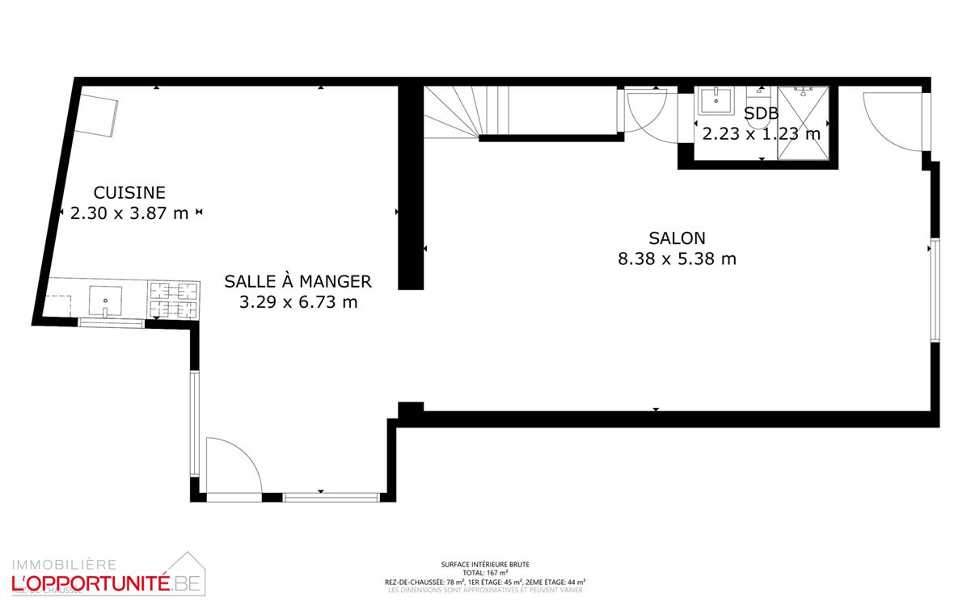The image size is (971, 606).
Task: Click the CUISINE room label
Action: pyautogui.click(x=129, y=192)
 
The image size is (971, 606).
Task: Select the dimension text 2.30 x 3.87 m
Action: pyautogui.click(x=129, y=213)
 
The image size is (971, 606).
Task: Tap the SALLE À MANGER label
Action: pyautogui.click(x=298, y=281)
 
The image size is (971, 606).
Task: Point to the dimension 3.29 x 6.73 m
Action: pyautogui.click(x=298, y=302)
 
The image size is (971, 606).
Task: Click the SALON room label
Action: pyautogui.click(x=677, y=238)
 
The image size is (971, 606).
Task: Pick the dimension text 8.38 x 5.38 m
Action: pyautogui.click(x=677, y=259)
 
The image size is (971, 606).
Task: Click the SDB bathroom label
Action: pyautogui.click(x=761, y=114)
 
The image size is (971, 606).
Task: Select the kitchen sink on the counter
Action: pyautogui.click(x=105, y=299)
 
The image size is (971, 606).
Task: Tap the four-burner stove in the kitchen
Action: pyautogui.click(x=173, y=300)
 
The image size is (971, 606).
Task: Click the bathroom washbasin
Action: pyautogui.click(x=716, y=101)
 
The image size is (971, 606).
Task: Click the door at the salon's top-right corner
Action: pyautogui.click(x=893, y=121)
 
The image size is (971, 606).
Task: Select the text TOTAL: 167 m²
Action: pyautogui.click(x=485, y=572)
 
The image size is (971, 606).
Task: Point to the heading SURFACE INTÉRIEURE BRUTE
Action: pyautogui.click(x=485, y=564)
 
